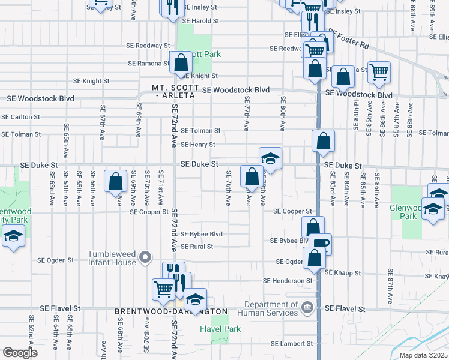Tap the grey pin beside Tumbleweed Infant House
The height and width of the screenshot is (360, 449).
[x=145, y=258]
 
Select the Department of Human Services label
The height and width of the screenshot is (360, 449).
[x=268, y=308]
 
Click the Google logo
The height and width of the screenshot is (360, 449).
[x=20, y=353]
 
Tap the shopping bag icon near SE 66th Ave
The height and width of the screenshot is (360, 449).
[x=115, y=181]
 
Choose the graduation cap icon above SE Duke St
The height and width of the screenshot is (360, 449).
[x=271, y=158]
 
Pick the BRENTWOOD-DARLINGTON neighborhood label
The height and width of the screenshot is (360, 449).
[x=171, y=312]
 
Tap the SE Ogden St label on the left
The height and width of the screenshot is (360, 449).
[x=55, y=260]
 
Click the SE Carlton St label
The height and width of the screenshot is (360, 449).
[x=20, y=117]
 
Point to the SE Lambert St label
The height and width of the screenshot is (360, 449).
[x=292, y=344]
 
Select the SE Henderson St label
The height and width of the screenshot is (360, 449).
[x=288, y=280]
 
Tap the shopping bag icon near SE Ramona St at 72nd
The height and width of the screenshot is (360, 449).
[x=180, y=62]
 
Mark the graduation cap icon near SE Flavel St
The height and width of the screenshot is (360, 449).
[x=195, y=298]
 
